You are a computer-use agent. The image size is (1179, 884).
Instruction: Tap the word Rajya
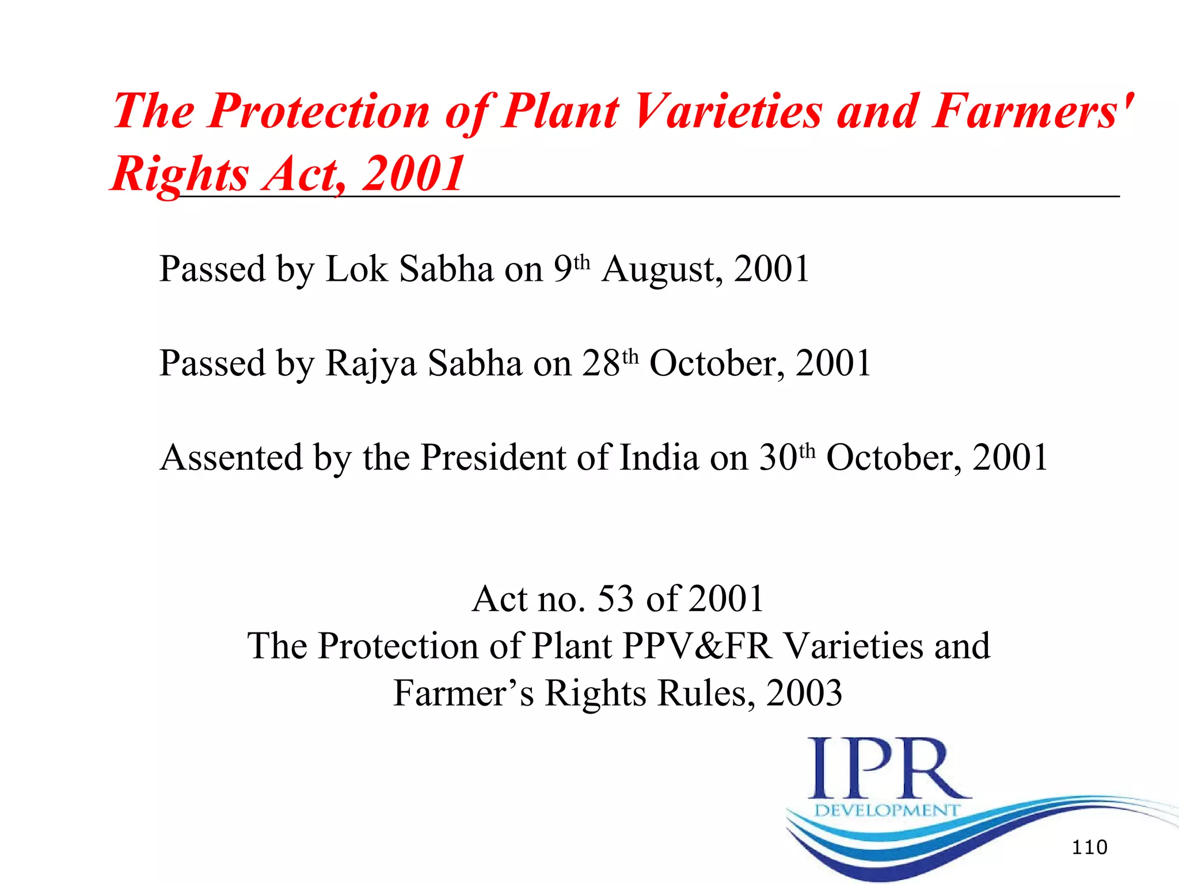click(371, 364)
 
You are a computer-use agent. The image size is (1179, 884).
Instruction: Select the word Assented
click(231, 458)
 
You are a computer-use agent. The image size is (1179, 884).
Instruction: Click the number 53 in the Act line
click(615, 599)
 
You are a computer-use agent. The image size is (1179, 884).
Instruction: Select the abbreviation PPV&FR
click(697, 646)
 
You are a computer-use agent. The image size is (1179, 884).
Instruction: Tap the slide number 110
click(1089, 847)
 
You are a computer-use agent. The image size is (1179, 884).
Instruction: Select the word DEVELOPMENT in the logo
click(887, 810)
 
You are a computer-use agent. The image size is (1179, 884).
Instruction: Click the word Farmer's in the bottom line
click(463, 693)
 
